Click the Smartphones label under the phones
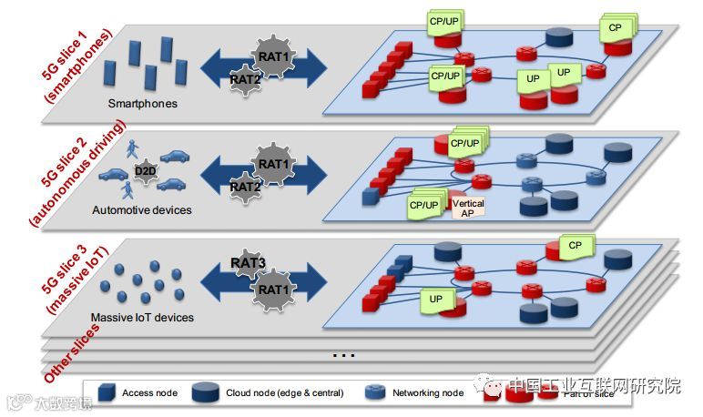pyautogui.click(x=142, y=104)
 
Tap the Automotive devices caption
pyautogui.click(x=142, y=210)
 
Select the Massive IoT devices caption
pyautogui.click(x=142, y=318)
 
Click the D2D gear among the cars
pyautogui.click(x=144, y=170)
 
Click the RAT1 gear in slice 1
pyautogui.click(x=272, y=56)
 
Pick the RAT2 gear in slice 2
pyautogui.click(x=245, y=187)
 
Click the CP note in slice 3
pyautogui.click(x=575, y=245)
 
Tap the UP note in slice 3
pyautogui.click(x=436, y=299)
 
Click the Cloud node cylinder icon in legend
pyautogui.click(x=211, y=392)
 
